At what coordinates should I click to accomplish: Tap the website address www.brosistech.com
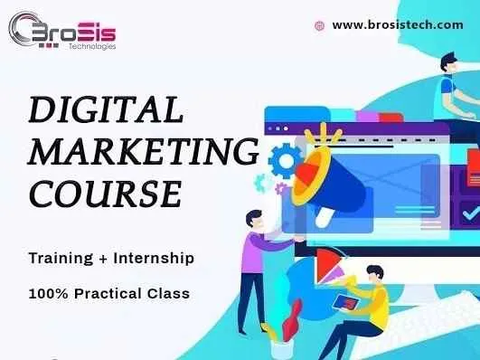[398, 25]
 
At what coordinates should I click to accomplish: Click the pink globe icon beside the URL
[318, 26]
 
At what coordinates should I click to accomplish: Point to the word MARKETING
[143, 151]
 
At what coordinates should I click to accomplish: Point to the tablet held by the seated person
[345, 301]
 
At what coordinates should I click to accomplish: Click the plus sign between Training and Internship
[105, 259]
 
